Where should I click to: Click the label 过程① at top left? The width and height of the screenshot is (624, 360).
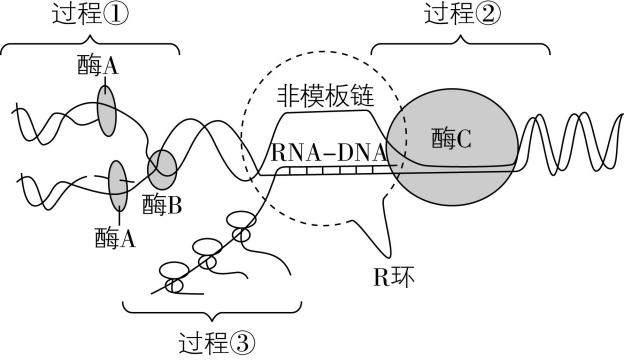point(92,15)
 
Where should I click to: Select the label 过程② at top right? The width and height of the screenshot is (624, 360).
point(463,15)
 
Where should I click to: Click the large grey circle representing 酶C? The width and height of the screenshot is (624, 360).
point(460,140)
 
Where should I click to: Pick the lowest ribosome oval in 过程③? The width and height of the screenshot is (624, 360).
point(174,284)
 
